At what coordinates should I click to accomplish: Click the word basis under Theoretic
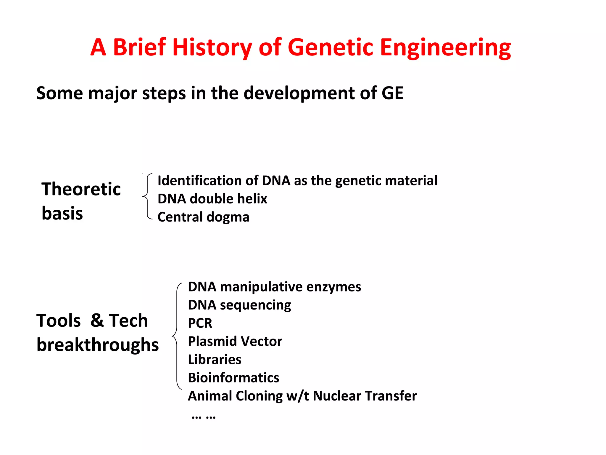click(62, 213)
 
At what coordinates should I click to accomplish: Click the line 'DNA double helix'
click(212, 199)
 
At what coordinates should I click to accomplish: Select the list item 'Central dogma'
click(203, 217)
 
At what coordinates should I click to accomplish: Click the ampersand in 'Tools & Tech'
click(97, 320)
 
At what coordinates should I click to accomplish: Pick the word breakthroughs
click(97, 345)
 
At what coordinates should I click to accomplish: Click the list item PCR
click(200, 323)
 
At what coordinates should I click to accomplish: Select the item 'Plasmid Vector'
click(235, 341)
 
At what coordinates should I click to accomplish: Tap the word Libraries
click(215, 360)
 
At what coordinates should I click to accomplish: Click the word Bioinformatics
click(233, 378)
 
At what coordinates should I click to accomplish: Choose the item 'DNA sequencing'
click(239, 305)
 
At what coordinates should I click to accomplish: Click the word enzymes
click(333, 287)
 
